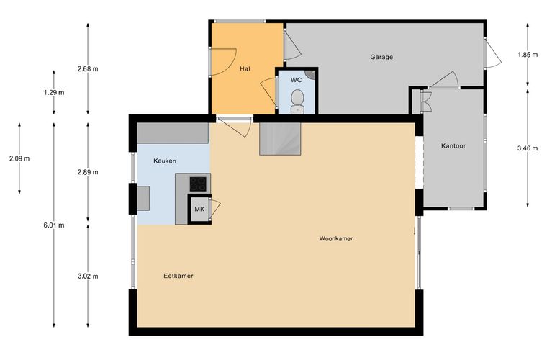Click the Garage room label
tap(381, 57)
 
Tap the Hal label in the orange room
tap(245, 68)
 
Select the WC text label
tap(297, 80)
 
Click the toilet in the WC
tap(297, 101)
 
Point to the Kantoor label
tap(453, 146)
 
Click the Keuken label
tap(165, 161)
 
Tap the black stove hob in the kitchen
tap(198, 184)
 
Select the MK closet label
tap(199, 210)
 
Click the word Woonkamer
tap(336, 238)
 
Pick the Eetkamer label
tap(178, 276)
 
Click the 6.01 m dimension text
tap(54, 225)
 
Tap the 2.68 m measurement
tap(88, 68)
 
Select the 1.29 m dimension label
tap(54, 93)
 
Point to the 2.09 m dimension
tap(19, 158)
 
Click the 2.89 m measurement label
tap(88, 172)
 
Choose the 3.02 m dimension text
tap(88, 276)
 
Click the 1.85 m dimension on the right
tap(528, 55)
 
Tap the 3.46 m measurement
tap(528, 148)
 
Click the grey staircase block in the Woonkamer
tap(280, 139)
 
